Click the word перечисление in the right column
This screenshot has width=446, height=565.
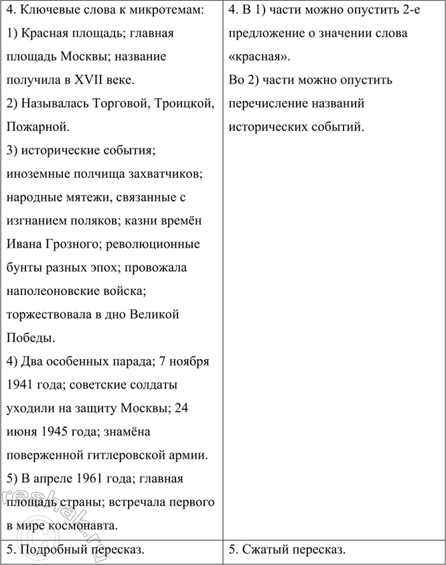click(x=268, y=104)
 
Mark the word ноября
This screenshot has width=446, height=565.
click(x=191, y=362)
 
